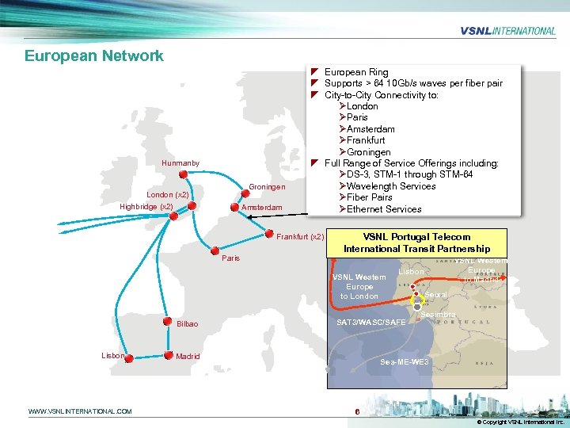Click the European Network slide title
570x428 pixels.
coord(94,55)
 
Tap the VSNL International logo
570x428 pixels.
coord(507,31)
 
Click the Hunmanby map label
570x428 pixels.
coord(180,163)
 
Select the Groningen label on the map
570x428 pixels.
coord(267,187)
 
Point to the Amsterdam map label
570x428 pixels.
coord(261,208)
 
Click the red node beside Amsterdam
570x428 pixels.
coord(234,208)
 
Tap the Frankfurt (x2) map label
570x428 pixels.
coord(300,237)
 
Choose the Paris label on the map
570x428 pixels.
coord(230,258)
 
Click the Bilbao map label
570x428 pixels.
coord(188,324)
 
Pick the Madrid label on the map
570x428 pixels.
coord(188,357)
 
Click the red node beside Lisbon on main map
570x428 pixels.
coord(129,358)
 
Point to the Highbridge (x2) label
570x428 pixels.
coord(146,207)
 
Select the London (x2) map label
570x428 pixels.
coord(167,194)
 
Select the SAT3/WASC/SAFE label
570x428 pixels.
coord(371,323)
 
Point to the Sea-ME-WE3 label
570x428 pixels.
coord(405,361)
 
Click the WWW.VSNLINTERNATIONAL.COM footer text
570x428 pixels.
coord(80,411)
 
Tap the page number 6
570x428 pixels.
coord(358,411)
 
